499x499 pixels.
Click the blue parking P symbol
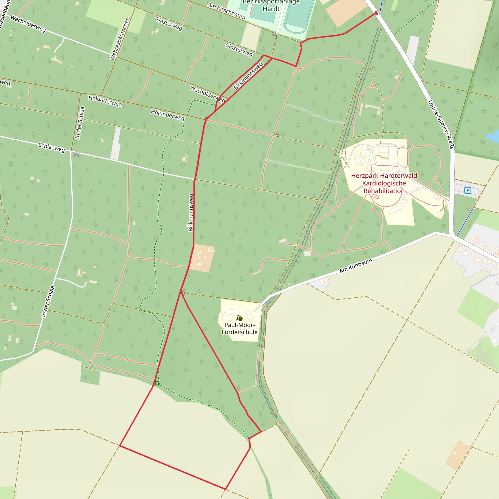(x=468, y=190)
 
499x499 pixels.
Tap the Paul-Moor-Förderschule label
(x=240, y=328)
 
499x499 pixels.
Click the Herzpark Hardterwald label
(x=384, y=176)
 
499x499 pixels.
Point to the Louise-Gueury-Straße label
(x=441, y=125)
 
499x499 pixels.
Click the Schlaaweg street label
(x=52, y=147)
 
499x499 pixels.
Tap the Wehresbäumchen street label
(x=120, y=39)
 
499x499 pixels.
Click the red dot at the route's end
(x=376, y=13)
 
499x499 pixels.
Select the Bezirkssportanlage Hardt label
(x=271, y=6)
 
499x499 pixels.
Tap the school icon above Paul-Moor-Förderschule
(x=240, y=318)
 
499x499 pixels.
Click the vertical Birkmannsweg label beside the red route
(x=191, y=212)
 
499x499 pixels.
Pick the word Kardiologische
(x=384, y=183)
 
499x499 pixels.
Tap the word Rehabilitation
(x=384, y=191)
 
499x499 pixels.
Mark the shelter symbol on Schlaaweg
(x=76, y=155)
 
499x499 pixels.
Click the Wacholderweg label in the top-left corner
(x=28, y=24)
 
